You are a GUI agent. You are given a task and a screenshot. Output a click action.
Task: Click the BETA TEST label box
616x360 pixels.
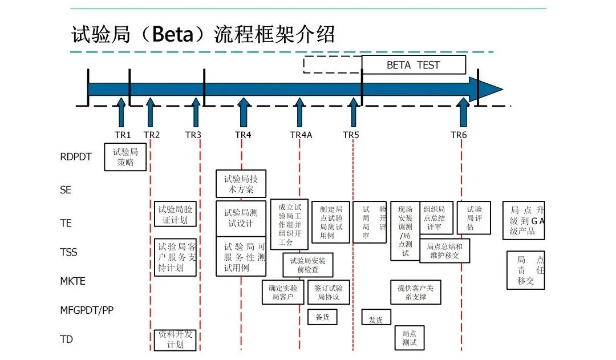[414, 65]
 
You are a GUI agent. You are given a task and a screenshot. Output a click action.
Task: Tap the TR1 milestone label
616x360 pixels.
[123, 135]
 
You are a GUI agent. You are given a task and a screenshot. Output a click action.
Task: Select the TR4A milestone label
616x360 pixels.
[301, 135]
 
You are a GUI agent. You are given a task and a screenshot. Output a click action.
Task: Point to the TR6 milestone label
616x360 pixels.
[459, 135]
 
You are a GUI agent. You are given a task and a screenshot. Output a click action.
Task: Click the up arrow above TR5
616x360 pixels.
[354, 112]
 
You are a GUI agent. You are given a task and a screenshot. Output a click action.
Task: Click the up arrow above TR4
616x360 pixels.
[244, 112]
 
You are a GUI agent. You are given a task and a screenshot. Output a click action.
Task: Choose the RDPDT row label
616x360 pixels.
[76, 157]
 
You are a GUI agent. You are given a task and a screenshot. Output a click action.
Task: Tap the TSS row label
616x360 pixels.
[68, 252]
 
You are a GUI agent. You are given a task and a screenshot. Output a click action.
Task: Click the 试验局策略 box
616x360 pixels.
[125, 157]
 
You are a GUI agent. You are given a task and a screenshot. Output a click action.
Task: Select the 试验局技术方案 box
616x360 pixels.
[241, 184]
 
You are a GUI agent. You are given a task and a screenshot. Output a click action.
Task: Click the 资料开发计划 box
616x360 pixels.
[175, 340]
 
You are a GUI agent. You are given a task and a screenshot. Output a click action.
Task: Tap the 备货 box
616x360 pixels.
[322, 317]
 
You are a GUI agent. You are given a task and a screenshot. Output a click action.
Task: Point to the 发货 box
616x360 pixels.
[376, 319]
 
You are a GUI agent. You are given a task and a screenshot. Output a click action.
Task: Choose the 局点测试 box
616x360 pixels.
[410, 338]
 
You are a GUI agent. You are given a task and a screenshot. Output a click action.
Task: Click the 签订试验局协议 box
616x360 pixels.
[328, 292]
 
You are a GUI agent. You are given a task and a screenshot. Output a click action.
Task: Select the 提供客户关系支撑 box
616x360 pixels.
[416, 292]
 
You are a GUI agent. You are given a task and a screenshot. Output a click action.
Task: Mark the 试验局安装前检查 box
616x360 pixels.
[308, 265]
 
